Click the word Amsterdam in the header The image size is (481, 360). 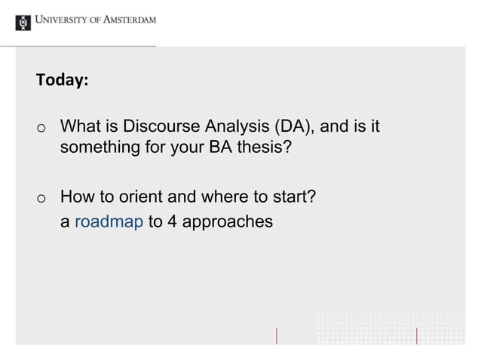point(128,20)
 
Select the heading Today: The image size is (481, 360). point(62,80)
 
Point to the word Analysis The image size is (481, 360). point(225,126)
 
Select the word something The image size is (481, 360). point(99,147)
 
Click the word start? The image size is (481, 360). point(292,198)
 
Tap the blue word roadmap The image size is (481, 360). point(109,222)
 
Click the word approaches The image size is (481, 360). point(226,223)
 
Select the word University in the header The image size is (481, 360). point(65,20)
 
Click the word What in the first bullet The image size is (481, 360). point(80,126)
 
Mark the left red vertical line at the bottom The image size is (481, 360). point(277,336)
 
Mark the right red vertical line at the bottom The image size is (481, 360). point(417,336)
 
